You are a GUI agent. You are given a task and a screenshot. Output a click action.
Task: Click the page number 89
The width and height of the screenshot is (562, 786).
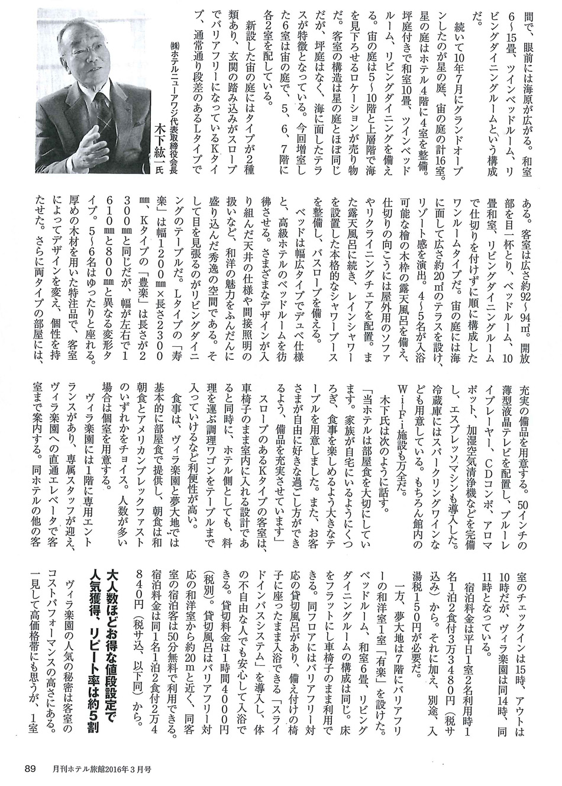click(x=30, y=768)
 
